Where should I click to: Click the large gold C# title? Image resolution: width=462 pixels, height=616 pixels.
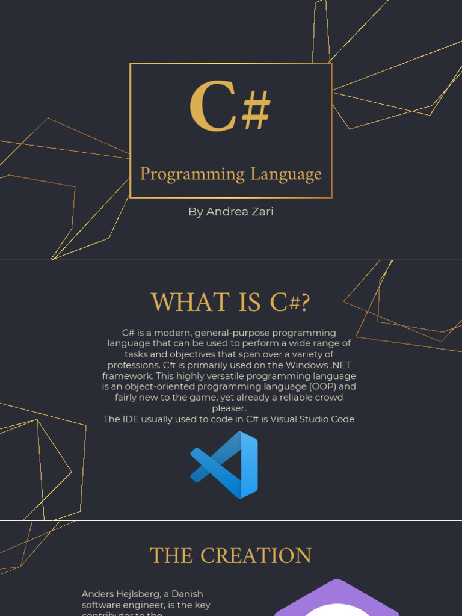[x=230, y=108]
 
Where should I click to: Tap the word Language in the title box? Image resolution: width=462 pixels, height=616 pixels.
[x=286, y=175]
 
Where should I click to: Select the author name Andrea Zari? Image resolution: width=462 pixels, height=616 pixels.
[x=239, y=212]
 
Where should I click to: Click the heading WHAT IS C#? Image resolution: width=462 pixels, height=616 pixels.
[x=230, y=303]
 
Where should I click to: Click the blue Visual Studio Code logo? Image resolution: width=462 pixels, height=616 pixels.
[x=224, y=464]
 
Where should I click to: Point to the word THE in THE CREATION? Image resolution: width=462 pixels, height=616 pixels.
[x=171, y=556]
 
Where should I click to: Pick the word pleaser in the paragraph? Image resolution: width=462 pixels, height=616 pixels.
[x=229, y=408]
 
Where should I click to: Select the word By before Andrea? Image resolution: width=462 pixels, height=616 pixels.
[x=196, y=212]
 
